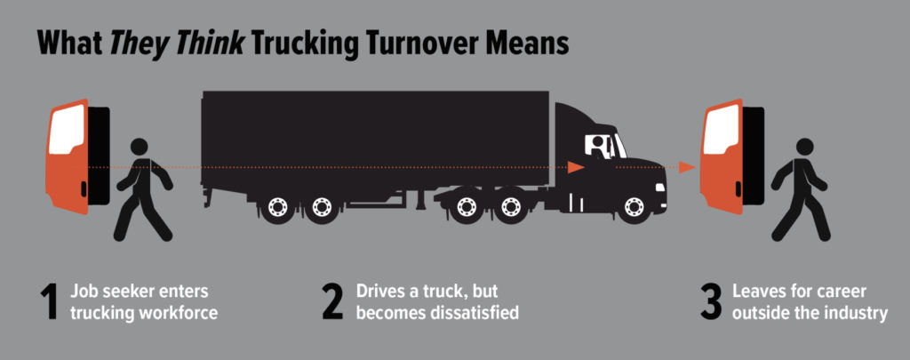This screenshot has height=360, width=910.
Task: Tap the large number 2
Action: (x=333, y=302)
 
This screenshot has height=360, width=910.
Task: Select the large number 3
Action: (x=712, y=302)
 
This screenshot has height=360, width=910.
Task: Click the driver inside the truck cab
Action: (x=598, y=146)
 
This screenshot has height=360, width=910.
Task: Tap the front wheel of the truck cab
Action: (x=635, y=207)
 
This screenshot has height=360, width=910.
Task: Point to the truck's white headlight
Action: (x=660, y=188)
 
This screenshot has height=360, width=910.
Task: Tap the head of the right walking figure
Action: (x=804, y=147)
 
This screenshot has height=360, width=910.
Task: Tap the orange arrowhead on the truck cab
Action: (x=575, y=167)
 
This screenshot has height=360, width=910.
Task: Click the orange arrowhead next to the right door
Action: (x=687, y=167)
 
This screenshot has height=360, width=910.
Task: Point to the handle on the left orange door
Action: (x=84, y=188)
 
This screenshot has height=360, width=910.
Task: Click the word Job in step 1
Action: (x=82, y=291)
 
